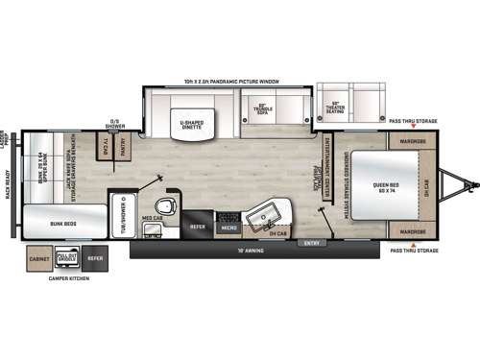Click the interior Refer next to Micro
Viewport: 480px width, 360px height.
coord(198,227)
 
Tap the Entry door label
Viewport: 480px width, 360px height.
coord(311,242)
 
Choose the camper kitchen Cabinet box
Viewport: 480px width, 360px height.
coord(40,257)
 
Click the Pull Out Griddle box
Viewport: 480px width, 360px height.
coord(68,257)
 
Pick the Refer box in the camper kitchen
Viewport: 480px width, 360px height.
coord(95,257)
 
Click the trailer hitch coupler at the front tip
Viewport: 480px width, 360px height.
coord(470,183)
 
